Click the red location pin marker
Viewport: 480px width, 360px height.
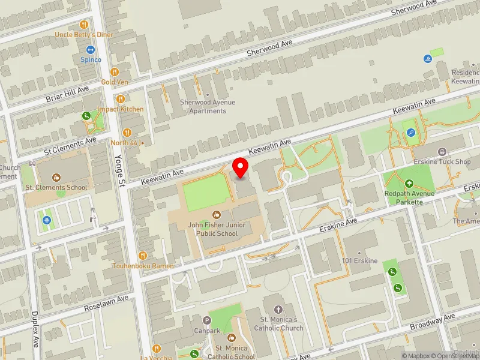point(241,167)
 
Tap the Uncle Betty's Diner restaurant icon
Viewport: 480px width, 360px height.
point(84,25)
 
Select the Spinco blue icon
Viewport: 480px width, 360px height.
point(91,50)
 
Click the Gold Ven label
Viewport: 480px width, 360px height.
point(115,82)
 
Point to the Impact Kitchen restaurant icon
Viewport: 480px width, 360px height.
point(121,99)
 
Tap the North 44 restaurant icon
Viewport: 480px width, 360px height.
point(127,133)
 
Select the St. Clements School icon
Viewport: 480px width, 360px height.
point(56,178)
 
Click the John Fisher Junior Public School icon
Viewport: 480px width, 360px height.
point(216,215)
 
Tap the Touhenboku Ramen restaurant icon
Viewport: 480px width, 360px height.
point(143,256)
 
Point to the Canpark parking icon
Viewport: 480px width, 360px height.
point(207,320)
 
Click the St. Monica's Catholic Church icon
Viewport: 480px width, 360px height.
point(278,300)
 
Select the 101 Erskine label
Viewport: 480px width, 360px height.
point(360,261)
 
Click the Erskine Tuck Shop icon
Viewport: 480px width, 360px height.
point(442,152)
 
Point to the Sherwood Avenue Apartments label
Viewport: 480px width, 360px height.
point(208,106)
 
